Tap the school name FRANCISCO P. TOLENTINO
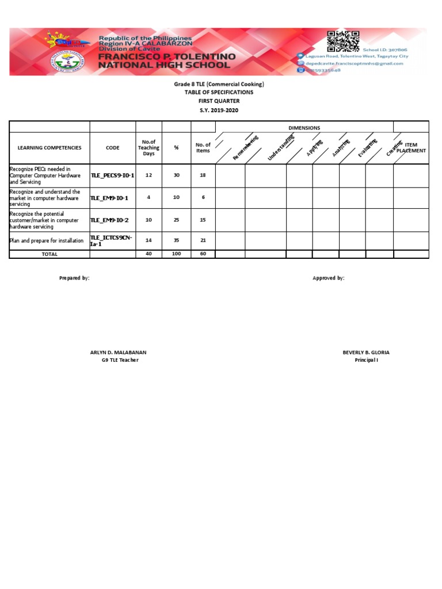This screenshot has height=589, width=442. click(x=167, y=57)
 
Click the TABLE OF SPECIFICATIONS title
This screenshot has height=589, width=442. click(x=219, y=92)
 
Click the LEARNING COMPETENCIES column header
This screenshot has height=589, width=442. click(x=49, y=148)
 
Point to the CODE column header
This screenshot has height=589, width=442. click(x=113, y=148)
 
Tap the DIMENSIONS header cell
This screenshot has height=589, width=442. click(x=304, y=128)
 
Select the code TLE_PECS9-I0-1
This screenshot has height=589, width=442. click(x=113, y=175)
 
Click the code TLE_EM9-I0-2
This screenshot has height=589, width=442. click(x=109, y=220)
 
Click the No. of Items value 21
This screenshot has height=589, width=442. click(x=203, y=240)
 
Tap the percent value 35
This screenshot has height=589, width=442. click(x=176, y=240)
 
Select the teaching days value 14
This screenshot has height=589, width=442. click(x=148, y=240)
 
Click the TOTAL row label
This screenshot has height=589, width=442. click(x=49, y=254)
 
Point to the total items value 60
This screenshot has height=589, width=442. click(x=203, y=254)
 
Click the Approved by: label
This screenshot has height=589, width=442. click(x=328, y=278)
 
